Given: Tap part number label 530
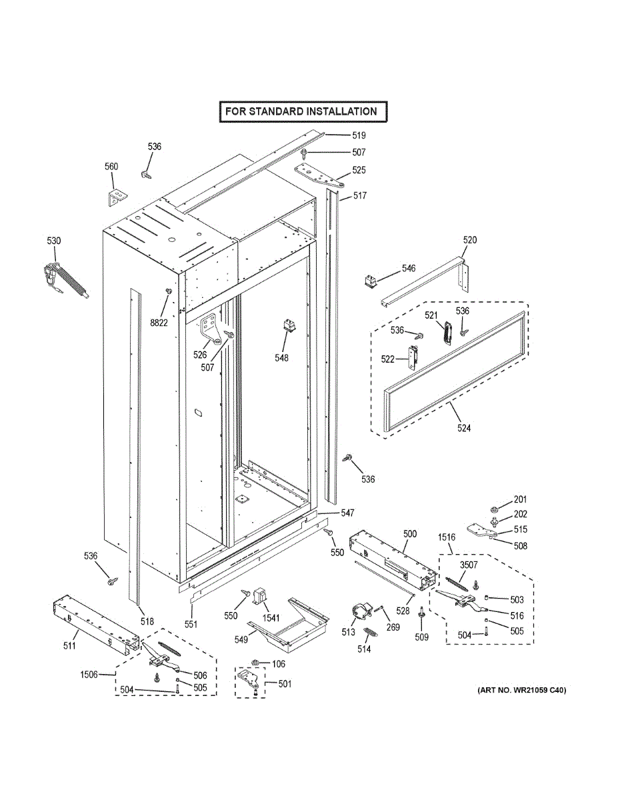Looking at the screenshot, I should click(x=53, y=241).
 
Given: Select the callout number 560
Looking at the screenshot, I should click(x=111, y=167).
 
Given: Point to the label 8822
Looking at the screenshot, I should click(x=159, y=323).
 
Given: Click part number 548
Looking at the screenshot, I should click(x=281, y=358).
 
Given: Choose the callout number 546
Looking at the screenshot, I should click(x=408, y=268).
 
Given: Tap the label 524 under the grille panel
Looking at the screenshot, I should click(x=464, y=428).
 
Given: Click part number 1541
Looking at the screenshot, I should click(x=271, y=617).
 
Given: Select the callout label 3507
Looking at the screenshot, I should click(x=469, y=565).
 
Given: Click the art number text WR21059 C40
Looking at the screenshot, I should click(x=521, y=690).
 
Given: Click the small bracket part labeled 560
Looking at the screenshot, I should click(x=117, y=198).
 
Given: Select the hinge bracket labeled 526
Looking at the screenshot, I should click(x=211, y=328).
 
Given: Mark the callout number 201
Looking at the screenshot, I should click(x=520, y=500).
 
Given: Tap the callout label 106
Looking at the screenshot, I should click(x=279, y=664).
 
